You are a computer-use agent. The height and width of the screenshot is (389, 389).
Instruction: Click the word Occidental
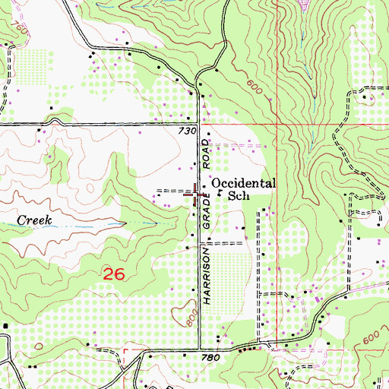coord(243,183)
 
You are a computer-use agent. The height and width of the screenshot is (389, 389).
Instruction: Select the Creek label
coord(34,220)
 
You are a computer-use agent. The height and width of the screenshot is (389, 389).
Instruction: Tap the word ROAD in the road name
coord(205,156)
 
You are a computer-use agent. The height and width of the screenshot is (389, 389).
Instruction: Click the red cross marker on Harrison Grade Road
coord(199,194)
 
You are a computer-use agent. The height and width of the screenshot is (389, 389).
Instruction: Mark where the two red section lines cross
coord(277,124)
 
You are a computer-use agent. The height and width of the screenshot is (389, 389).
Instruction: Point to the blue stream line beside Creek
coord(91,225)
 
